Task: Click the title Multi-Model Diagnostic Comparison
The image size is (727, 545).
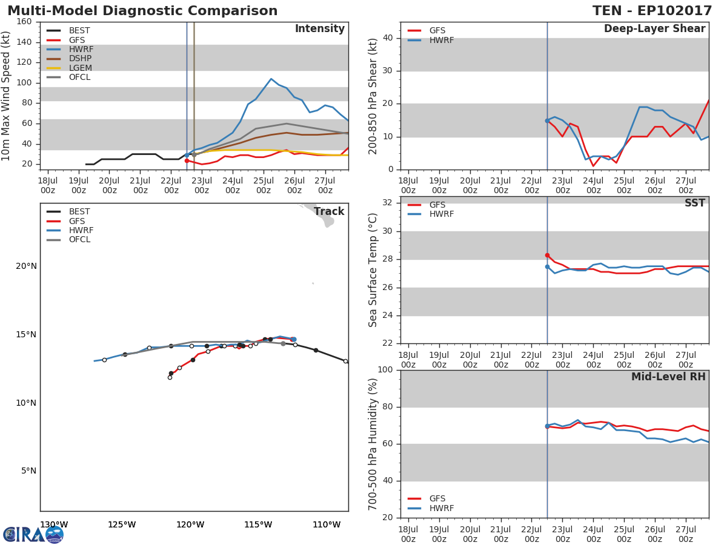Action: pos(142,11)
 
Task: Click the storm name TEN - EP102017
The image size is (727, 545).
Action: pos(652,11)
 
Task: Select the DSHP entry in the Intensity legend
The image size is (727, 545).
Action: pos(80,59)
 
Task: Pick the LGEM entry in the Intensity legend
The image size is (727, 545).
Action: pos(80,68)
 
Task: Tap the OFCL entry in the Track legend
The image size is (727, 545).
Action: pos(79,240)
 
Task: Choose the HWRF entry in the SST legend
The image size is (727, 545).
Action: pos(441,214)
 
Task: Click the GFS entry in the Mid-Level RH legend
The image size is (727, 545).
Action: pos(437,499)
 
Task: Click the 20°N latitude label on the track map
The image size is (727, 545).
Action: pos(26,266)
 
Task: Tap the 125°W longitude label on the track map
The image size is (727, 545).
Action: pos(122,524)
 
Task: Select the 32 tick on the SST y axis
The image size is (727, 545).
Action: pos(388,203)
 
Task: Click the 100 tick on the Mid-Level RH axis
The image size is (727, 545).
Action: pos(385,370)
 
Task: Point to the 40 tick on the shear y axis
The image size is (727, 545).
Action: pos(388,38)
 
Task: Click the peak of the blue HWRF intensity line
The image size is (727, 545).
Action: pos(271,79)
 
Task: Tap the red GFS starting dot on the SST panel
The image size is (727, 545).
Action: pos(547,256)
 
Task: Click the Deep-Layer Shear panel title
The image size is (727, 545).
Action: pos(654,29)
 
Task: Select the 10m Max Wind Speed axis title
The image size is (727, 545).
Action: pos(7,96)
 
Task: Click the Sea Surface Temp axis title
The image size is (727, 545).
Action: pos(373,270)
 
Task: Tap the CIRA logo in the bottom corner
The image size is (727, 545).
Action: pos(33,534)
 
